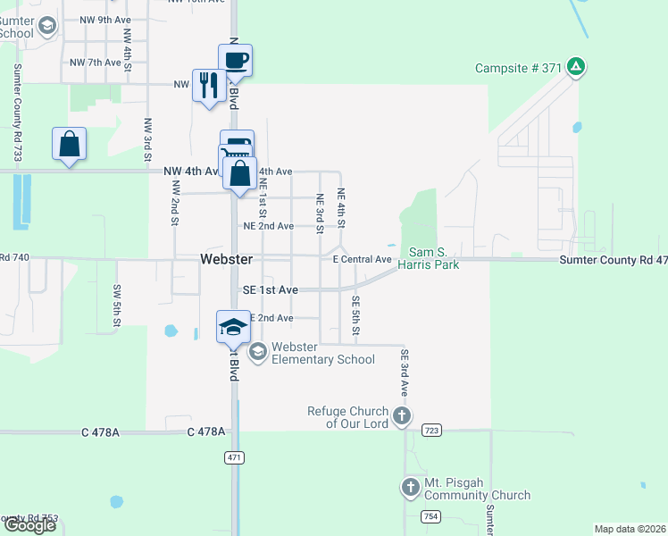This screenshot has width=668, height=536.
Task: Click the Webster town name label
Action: click(226, 259)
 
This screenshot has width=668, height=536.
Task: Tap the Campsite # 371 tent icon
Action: click(577, 66)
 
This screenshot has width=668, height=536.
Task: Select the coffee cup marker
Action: click(235, 61)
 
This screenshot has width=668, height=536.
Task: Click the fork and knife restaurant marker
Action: click(209, 86)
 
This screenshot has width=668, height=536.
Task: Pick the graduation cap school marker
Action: click(233, 326)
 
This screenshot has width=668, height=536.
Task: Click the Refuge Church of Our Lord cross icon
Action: click(402, 415)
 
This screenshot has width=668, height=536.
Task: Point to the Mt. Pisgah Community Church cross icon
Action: click(410, 487)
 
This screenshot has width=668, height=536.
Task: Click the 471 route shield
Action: click(234, 456)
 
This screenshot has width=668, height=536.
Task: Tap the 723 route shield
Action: click(432, 431)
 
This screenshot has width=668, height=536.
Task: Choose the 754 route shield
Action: click(431, 516)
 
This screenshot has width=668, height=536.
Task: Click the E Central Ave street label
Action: click(363, 259)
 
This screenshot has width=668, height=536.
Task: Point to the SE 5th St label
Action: click(355, 316)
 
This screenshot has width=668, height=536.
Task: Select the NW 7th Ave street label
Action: click(96, 63)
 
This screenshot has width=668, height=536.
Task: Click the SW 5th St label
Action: click(116, 305)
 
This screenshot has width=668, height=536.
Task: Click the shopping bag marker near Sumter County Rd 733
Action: click(69, 144)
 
